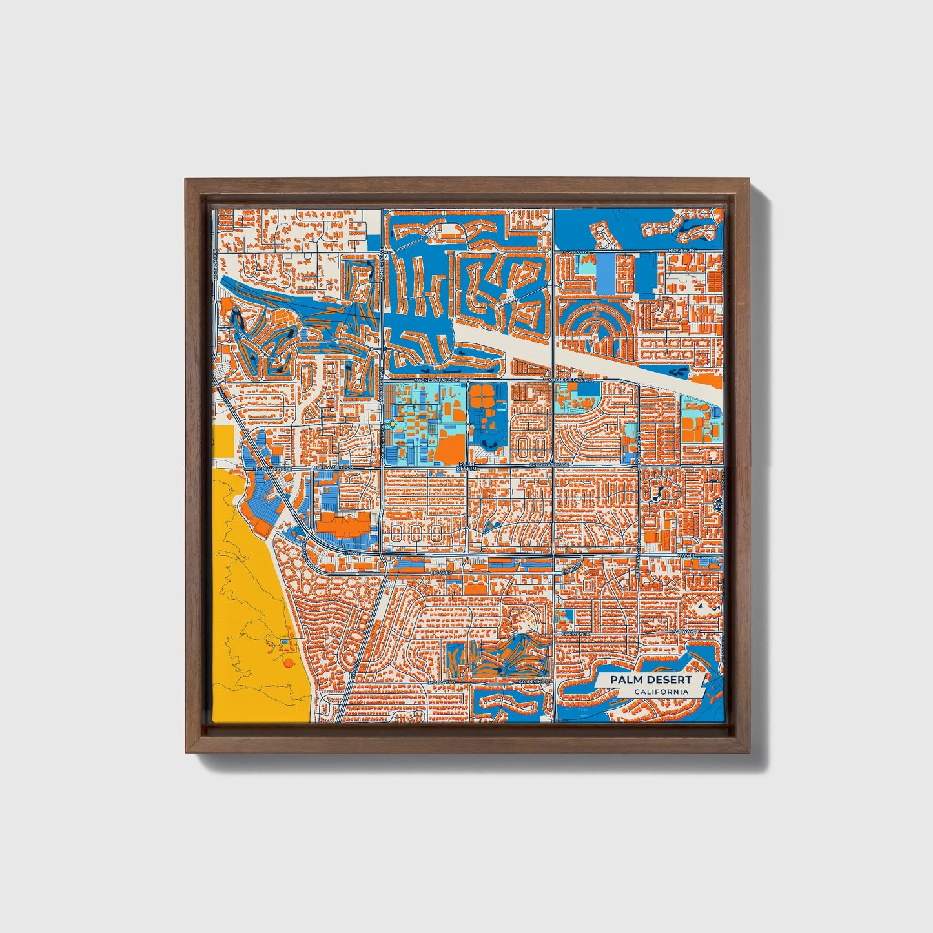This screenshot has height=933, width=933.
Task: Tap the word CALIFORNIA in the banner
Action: [660, 692]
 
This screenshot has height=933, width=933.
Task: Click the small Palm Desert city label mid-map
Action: [466, 466]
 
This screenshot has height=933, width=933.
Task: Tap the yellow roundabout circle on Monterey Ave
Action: [392, 424]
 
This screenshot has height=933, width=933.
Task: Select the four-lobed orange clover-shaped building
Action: [480, 396]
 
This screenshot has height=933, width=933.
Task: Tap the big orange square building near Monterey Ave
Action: [450, 447]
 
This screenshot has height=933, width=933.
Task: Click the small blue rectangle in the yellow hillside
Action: [286, 642]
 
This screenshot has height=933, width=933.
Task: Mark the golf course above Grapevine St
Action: [510, 659]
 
